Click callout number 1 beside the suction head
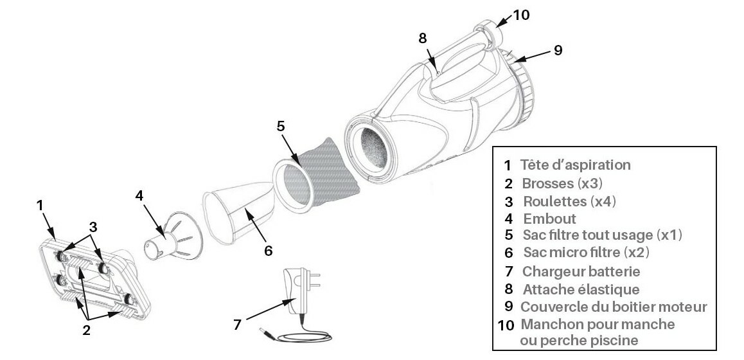coord(40,206)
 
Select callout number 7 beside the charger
coord(238,325)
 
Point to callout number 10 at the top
coord(521,15)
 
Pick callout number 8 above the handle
coord(422,37)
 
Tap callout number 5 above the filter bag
coord(281,126)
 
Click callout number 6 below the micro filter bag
coord(268,249)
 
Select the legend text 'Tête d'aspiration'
coord(576,165)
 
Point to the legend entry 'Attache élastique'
coord(581,289)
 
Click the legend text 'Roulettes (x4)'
coord(569,201)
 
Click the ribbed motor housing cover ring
coord(527,90)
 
